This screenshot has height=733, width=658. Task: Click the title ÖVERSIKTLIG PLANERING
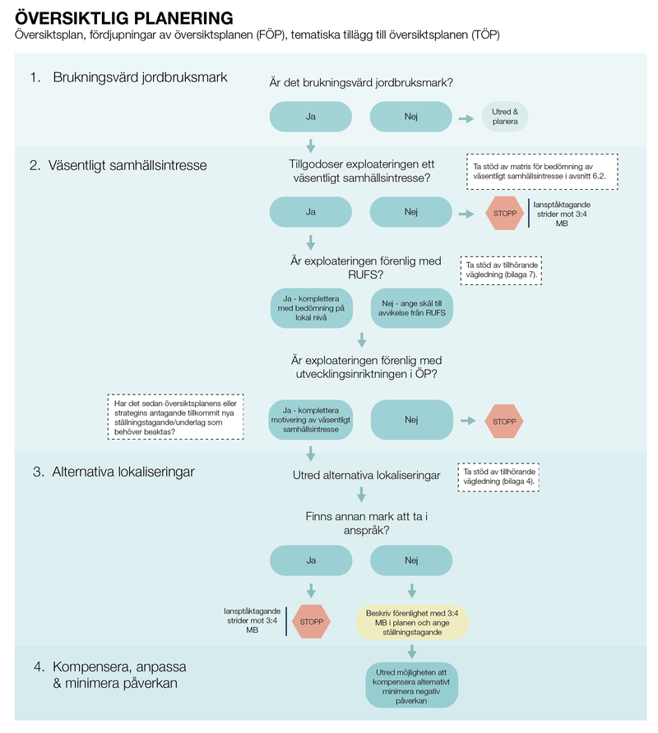tap(123, 18)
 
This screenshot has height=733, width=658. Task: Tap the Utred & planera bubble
tap(504, 117)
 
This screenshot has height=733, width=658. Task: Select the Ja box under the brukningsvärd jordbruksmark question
tap(311, 117)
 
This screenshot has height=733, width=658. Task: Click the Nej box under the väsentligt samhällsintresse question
tap(411, 212)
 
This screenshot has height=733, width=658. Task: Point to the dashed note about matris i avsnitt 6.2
tap(542, 172)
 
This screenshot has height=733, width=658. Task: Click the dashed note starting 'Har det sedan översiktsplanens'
tap(176, 417)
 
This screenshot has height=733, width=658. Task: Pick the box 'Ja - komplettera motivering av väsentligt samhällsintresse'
tap(311, 419)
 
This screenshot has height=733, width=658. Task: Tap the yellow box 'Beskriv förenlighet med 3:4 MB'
tap(411, 623)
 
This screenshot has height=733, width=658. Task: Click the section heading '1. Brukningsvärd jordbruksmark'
tap(128, 78)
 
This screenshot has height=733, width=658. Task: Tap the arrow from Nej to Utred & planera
tap(466, 118)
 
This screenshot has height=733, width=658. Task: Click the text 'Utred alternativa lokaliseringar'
tap(366, 476)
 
